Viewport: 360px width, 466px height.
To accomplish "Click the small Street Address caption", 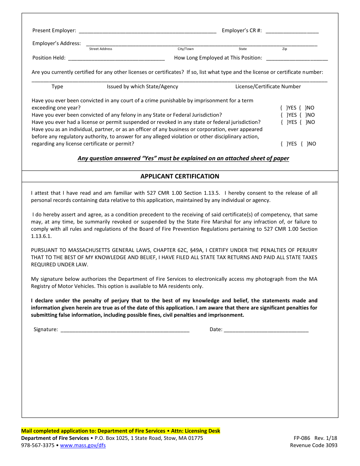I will coord(100,49).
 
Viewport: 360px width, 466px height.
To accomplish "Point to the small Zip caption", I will coord(285,49).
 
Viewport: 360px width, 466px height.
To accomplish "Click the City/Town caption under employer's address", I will coord(186,49).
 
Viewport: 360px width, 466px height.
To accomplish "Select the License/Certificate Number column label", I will coord(268,86).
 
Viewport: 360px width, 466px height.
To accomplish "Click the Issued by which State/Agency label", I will coord(142,86).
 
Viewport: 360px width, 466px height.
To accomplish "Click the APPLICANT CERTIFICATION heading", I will coord(180,176).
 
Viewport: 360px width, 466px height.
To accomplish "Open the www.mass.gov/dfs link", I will coord(83,445).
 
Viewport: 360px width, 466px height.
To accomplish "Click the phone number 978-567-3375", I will coord(38,445).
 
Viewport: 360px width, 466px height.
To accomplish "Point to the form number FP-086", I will coord(302,438).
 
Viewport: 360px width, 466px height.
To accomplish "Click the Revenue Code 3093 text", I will coord(313,445).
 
